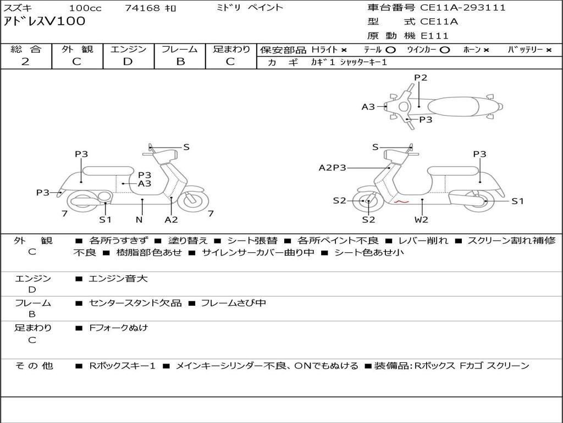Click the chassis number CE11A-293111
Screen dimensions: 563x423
(x=463, y=8)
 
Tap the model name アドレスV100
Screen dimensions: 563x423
(x=45, y=21)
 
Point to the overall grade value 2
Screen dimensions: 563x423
(x=25, y=62)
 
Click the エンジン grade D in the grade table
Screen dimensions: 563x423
(x=128, y=62)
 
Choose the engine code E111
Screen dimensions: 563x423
(x=435, y=36)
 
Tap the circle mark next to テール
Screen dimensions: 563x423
(x=390, y=50)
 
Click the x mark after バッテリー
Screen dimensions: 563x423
(x=548, y=50)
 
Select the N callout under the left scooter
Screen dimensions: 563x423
(x=139, y=219)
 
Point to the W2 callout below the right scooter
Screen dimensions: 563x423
(x=421, y=219)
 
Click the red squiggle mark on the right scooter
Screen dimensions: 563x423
(x=401, y=203)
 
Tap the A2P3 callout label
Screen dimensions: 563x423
(x=333, y=167)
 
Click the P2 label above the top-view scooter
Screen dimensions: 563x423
(x=421, y=78)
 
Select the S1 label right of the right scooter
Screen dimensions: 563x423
(x=517, y=201)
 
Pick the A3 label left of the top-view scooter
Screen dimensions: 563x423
(x=368, y=107)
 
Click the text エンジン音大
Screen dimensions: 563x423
(x=118, y=279)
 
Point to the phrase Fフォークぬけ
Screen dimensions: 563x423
(x=118, y=328)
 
